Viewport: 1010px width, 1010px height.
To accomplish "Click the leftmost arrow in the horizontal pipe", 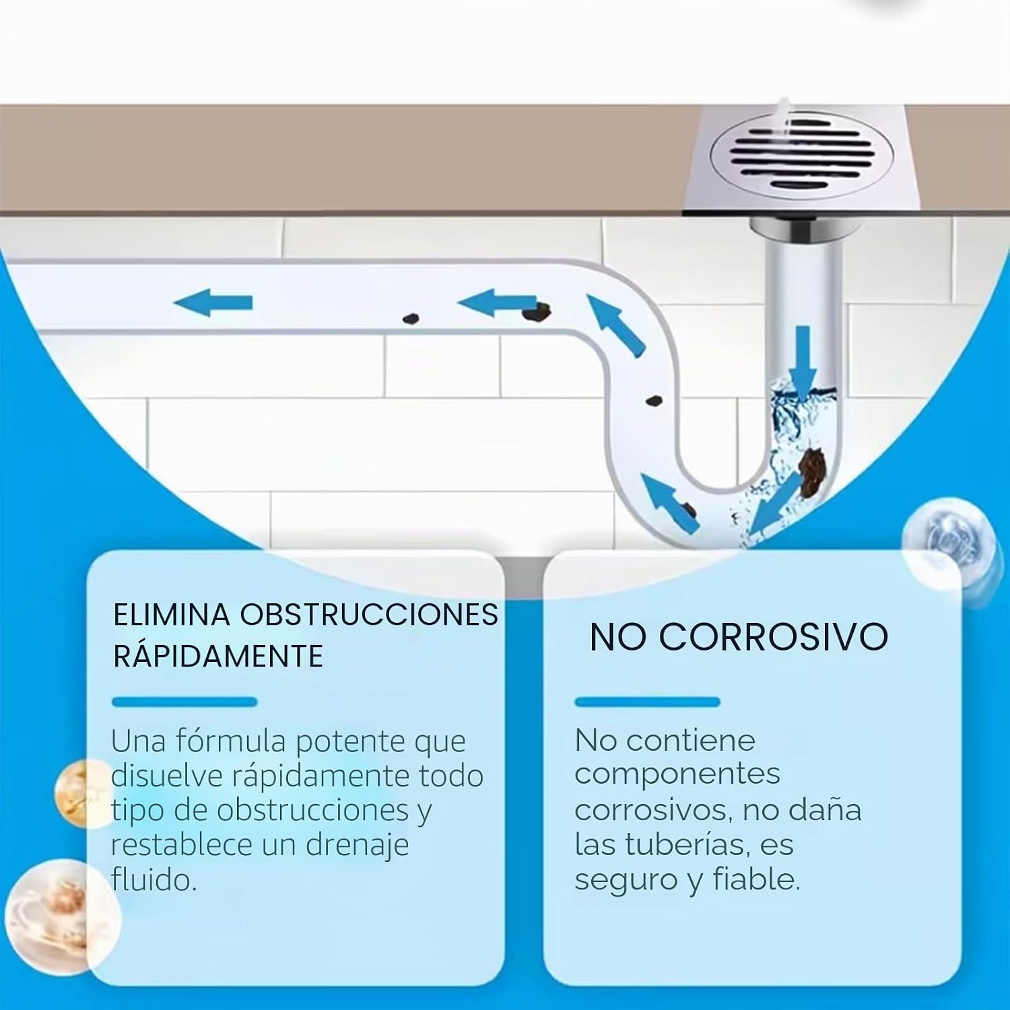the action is [x=213, y=302].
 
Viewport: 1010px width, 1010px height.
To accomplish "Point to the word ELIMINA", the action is [x=172, y=615].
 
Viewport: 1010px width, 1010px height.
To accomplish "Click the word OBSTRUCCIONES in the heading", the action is [x=369, y=615].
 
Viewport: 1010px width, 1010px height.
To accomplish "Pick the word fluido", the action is [x=154, y=879].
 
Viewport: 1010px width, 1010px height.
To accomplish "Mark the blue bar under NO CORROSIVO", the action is [x=647, y=702].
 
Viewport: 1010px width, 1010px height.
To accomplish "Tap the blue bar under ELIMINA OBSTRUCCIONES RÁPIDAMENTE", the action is [x=184, y=702].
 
